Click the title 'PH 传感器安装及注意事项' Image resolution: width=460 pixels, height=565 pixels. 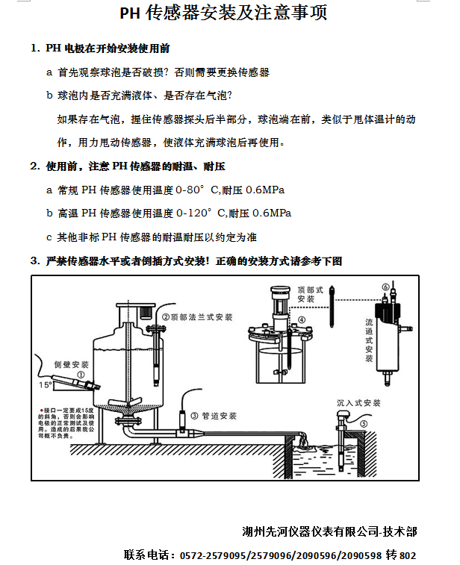click(224, 15)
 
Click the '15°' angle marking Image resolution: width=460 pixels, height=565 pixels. click(46, 385)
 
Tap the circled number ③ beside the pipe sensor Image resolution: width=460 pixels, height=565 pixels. click(195, 416)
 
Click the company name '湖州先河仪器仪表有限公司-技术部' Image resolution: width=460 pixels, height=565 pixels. click(329, 532)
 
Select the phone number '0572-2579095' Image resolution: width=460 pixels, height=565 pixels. click(203, 556)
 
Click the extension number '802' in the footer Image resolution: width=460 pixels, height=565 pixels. click(408, 556)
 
